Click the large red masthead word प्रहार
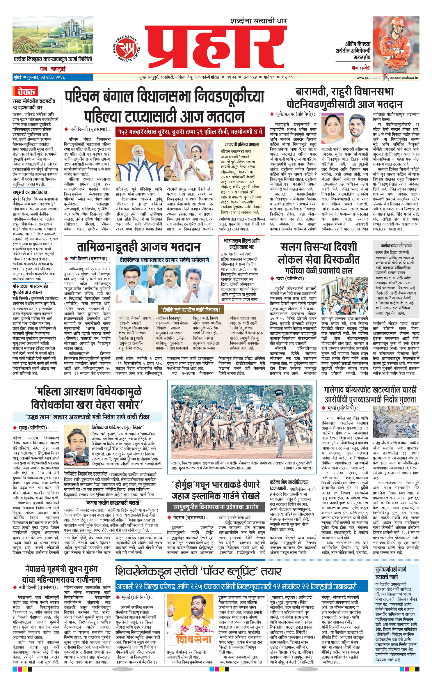[x=216, y=47]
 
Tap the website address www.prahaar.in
[x=369, y=77]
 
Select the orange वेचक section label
[x=26, y=92]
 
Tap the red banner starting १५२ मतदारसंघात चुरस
[x=190, y=132]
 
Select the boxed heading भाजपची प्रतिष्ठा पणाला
[x=241, y=144]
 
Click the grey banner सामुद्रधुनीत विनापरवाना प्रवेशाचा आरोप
[x=216, y=507]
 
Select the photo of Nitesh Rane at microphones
[x=76, y=448]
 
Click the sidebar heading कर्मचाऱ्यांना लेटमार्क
[x=396, y=246]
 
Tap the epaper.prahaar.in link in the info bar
[x=403, y=77]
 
